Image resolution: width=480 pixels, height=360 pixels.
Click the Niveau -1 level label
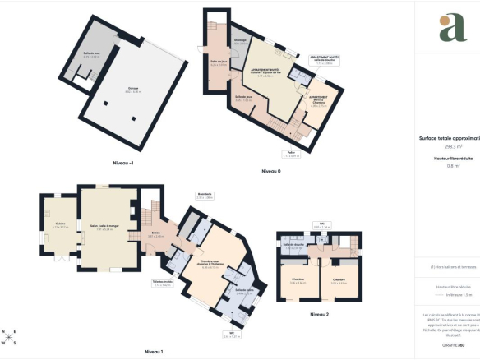[122, 163]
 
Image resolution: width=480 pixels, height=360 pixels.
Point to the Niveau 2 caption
[320, 315]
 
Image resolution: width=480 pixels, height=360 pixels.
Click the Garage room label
[132, 90]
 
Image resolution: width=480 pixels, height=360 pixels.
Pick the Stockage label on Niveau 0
[240, 41]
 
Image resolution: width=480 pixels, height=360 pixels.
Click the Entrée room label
[155, 234]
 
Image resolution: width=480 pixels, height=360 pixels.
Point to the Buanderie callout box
[205, 197]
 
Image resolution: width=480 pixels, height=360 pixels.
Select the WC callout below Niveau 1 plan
[233, 335]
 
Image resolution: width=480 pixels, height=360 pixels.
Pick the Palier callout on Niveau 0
[291, 154]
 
